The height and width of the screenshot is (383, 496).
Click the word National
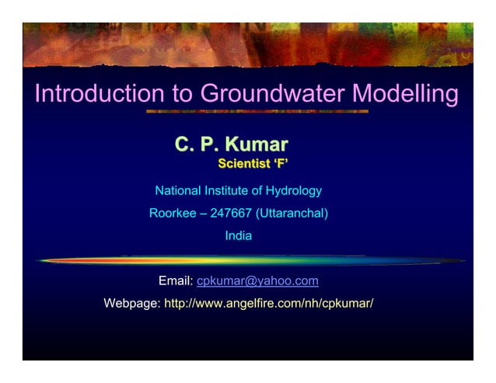point(177,190)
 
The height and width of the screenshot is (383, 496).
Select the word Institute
point(229,190)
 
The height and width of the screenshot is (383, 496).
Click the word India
point(238,235)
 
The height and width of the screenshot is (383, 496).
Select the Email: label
point(176,280)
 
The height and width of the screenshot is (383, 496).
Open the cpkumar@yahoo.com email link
point(258,280)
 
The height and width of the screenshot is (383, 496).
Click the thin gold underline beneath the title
point(257,111)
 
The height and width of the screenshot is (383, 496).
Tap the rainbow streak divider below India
point(249,260)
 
